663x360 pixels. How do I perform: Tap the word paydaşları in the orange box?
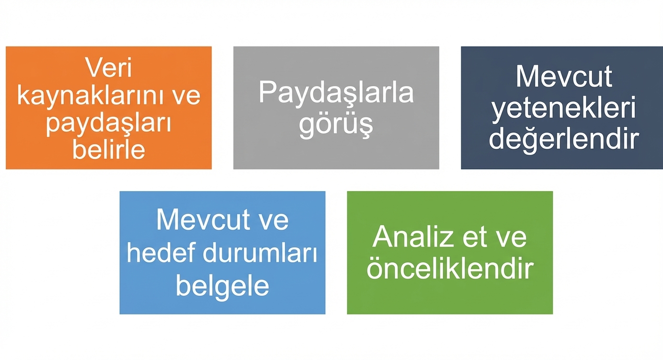pos(109,123)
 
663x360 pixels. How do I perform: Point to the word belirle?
pos(109,149)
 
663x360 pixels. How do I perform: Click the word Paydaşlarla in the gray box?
pos(336,93)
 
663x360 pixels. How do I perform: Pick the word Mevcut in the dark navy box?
pos(564,77)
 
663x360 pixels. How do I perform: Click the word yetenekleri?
pos(564,109)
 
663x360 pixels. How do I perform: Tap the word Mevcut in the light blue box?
pos(203,220)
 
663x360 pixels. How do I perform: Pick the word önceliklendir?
pos(450,269)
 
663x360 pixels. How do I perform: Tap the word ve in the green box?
pos(512,236)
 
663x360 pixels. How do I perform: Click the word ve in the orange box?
pos(186,96)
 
